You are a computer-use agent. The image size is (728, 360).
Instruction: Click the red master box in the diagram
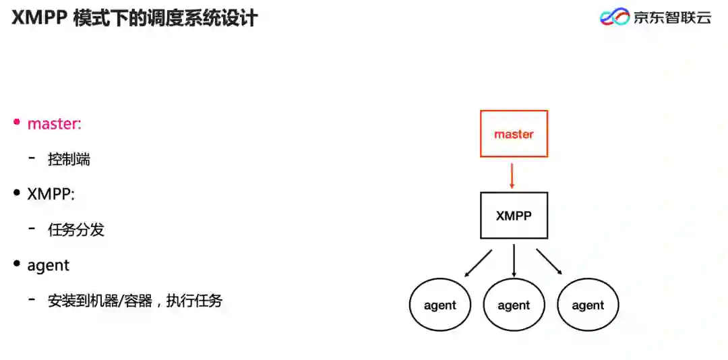point(514,134)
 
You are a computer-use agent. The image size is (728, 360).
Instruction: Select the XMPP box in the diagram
point(514,216)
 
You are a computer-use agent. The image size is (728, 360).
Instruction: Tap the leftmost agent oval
point(440,305)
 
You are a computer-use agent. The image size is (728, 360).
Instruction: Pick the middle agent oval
point(514,305)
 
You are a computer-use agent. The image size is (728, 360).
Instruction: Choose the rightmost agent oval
point(588,305)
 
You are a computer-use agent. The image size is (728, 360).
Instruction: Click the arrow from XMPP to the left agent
point(478,264)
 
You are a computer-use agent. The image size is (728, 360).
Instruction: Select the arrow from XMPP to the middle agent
point(514,260)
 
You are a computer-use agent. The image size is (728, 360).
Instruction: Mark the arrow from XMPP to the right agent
point(549,262)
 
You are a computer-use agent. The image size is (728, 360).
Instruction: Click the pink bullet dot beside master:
point(17,123)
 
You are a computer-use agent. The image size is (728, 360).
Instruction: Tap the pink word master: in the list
point(54,123)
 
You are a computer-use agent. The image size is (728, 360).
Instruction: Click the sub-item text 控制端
point(69,160)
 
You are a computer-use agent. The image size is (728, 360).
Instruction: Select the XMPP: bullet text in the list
point(51,194)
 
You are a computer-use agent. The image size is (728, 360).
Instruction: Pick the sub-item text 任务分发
point(76,230)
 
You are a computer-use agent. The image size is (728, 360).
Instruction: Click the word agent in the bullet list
point(49,266)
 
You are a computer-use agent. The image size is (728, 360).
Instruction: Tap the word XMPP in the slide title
point(38,18)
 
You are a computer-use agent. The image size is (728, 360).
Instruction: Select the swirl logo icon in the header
point(614,17)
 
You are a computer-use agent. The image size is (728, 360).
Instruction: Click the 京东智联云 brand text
point(672,18)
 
